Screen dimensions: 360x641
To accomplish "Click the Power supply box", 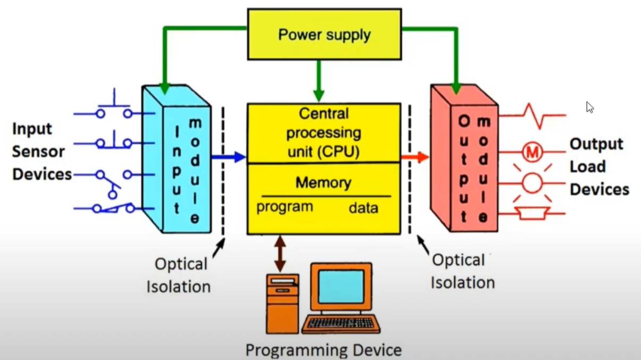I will point(324,35).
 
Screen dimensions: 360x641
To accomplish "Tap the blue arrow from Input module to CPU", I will point(229,157).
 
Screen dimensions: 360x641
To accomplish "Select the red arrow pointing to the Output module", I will point(415,157).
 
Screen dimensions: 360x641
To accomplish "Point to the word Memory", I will point(323,183).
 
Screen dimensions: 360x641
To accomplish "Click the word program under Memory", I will point(285,207).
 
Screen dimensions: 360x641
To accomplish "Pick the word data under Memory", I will point(364,207).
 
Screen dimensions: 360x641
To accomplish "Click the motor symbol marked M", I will point(532,153).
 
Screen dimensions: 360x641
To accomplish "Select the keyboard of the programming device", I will point(341,323).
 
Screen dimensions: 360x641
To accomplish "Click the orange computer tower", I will point(282,303).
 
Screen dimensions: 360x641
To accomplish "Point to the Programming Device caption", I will point(323,350).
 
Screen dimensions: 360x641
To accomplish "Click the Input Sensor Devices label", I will point(41,152).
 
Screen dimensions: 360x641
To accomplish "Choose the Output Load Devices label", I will point(599,166).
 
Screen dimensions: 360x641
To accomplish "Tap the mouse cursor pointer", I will point(589,107).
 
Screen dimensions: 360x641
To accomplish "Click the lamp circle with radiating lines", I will point(532,183).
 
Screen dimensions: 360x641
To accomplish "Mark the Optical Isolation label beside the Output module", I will point(462,271).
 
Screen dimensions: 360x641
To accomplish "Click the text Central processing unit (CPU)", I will point(323,132).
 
